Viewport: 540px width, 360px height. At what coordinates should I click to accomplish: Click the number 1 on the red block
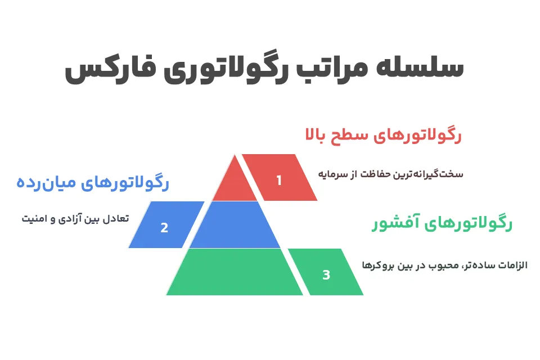(x=278, y=181)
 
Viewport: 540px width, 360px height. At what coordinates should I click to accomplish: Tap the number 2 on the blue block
(x=164, y=228)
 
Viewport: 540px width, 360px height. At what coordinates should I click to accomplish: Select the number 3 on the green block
(x=326, y=275)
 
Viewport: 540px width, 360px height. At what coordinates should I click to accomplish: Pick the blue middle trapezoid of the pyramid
(x=235, y=225)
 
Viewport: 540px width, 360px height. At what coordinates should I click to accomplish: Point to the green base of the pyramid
(x=235, y=272)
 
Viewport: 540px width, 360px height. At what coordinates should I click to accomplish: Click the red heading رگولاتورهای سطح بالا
(x=383, y=136)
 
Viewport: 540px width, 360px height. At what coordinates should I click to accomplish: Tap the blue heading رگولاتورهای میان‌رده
(x=93, y=183)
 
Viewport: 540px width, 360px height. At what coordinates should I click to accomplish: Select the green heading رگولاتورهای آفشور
(x=442, y=224)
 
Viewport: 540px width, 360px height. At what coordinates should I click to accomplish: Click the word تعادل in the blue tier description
(x=115, y=218)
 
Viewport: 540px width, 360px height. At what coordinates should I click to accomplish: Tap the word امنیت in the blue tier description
(x=35, y=218)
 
